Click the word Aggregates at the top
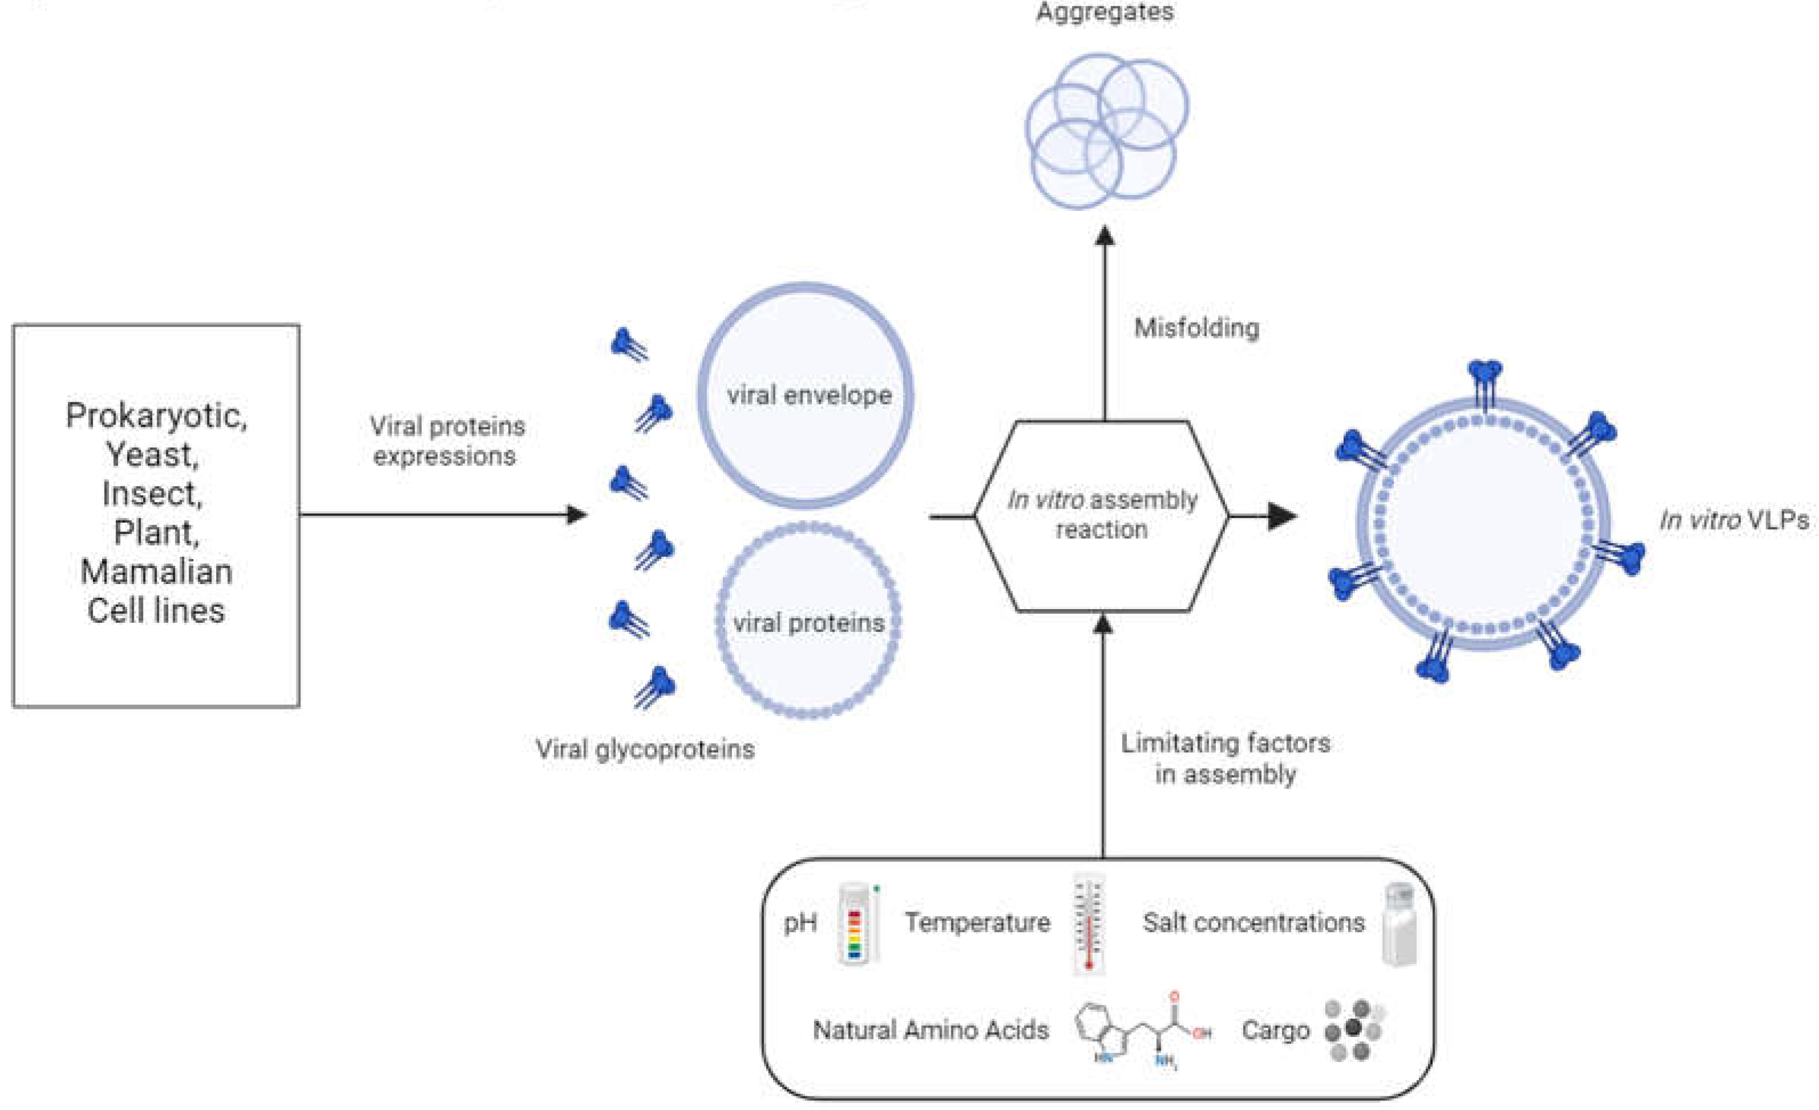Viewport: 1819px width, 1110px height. click(x=1104, y=12)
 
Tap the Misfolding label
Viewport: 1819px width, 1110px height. click(x=1196, y=328)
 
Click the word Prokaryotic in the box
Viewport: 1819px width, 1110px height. click(x=157, y=415)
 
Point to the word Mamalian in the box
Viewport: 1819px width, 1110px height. click(x=157, y=571)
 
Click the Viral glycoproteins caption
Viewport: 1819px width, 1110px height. click(x=645, y=749)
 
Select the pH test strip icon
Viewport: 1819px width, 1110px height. click(x=856, y=925)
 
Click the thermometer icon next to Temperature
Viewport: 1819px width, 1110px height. click(x=1089, y=924)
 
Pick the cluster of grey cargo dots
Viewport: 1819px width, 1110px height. click(x=1353, y=1030)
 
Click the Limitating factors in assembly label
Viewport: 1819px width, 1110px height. click(x=1226, y=758)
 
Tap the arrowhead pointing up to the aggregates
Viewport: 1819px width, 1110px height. click(x=1104, y=236)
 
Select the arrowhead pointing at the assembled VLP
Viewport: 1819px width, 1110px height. click(x=1283, y=516)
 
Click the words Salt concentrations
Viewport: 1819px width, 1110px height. click(x=1254, y=923)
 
